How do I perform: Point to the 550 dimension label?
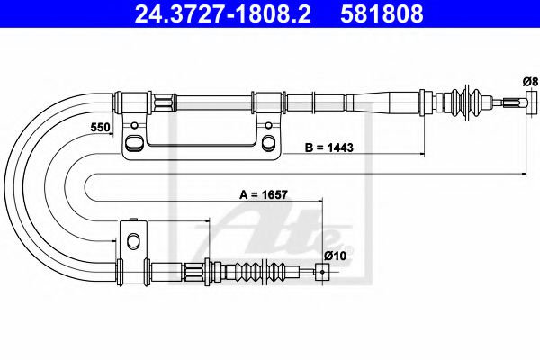click(x=100, y=128)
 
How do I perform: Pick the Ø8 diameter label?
click(x=529, y=82)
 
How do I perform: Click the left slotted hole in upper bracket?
click(x=133, y=142)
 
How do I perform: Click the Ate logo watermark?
click(x=270, y=232)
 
